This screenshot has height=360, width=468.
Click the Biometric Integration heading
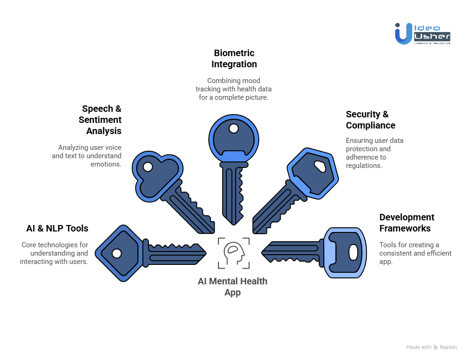click(234, 58)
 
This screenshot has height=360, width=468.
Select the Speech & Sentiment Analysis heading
click(102, 120)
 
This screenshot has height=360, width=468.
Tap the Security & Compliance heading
click(370, 120)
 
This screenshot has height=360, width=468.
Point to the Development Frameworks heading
click(406, 223)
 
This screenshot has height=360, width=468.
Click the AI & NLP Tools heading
click(57, 228)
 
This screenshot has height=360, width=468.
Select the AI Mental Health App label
click(232, 287)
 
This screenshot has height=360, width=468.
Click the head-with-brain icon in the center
click(234, 253)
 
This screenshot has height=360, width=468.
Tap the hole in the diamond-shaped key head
click(117, 253)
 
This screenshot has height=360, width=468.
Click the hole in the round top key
click(234, 128)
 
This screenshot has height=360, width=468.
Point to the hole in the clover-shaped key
click(147, 166)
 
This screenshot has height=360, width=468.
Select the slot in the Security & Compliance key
click(320, 166)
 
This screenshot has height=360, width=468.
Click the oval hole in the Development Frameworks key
click(353, 253)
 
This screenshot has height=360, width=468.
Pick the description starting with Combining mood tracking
click(233, 89)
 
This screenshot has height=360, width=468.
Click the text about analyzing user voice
click(87, 156)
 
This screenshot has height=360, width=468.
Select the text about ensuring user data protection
click(375, 153)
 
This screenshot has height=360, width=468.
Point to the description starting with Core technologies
click(54, 253)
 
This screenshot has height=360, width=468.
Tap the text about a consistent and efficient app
click(415, 253)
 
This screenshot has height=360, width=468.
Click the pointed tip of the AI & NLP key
click(205, 253)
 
